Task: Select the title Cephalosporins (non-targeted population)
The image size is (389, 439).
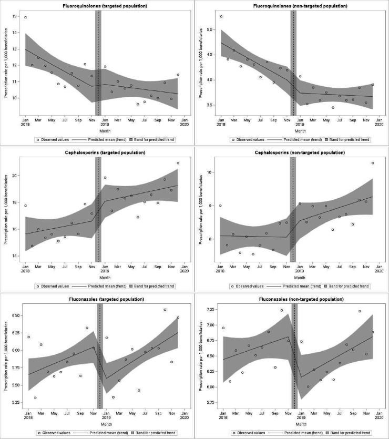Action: click(x=300, y=152)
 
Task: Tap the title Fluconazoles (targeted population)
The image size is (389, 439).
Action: click(x=107, y=299)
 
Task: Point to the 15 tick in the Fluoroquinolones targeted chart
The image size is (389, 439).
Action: click(x=14, y=16)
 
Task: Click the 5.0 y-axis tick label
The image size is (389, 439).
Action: click(x=210, y=29)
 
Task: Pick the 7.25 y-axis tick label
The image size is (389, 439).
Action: click(x=210, y=309)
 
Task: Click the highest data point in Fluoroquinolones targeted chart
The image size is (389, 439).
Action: click(x=25, y=17)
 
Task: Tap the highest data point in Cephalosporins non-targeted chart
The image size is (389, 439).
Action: click(x=373, y=163)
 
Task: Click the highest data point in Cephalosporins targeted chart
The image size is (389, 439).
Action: click(x=178, y=163)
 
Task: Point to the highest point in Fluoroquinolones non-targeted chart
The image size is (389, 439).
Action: click(x=221, y=16)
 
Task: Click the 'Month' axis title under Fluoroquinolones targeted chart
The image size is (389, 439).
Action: click(x=105, y=131)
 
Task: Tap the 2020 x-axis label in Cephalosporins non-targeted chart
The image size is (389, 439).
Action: click(x=379, y=271)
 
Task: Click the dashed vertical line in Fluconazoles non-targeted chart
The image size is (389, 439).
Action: click(x=294, y=356)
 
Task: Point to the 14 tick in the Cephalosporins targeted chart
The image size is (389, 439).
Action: click(x=14, y=256)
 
